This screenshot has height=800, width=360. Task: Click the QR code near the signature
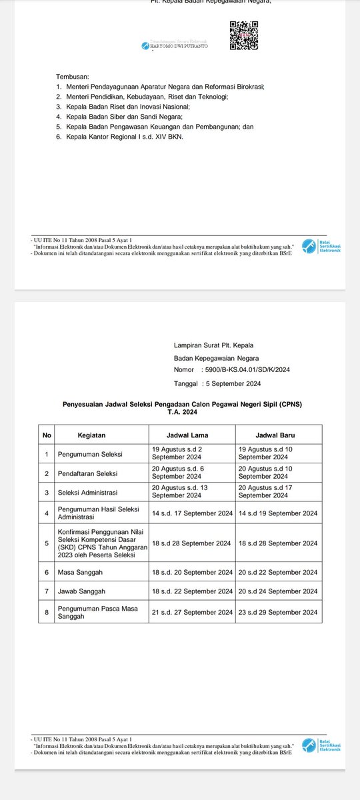click(x=243, y=35)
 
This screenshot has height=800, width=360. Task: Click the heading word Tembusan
click(x=73, y=77)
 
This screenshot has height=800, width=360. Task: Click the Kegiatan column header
click(x=91, y=435)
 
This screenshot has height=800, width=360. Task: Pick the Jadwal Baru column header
click(x=278, y=435)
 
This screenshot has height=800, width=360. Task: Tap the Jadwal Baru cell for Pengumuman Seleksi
click(x=278, y=453)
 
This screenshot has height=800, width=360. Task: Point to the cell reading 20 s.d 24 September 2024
click(x=278, y=591)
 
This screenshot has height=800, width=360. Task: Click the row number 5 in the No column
click(x=47, y=543)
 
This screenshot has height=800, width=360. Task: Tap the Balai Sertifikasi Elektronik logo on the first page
click(x=321, y=247)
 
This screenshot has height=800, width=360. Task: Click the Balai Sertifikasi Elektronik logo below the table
click(x=321, y=745)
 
